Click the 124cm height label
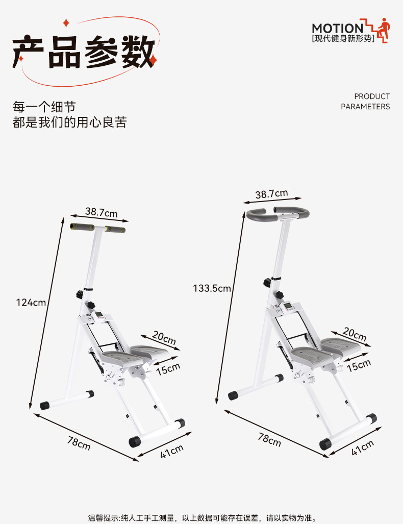[31, 302]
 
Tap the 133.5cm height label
[212, 288]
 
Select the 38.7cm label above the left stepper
[101, 212]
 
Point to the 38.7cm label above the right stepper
[271, 194]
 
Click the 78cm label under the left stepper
[79, 442]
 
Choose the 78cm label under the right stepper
[269, 439]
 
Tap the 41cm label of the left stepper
[172, 451]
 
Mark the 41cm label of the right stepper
[363, 447]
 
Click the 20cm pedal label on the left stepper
[164, 338]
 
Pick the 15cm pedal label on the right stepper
[359, 365]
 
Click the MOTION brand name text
[337, 28]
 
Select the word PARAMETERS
[365, 107]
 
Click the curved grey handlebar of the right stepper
[278, 212]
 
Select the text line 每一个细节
[44, 107]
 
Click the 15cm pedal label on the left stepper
[168, 368]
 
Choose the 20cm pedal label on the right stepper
[355, 334]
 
